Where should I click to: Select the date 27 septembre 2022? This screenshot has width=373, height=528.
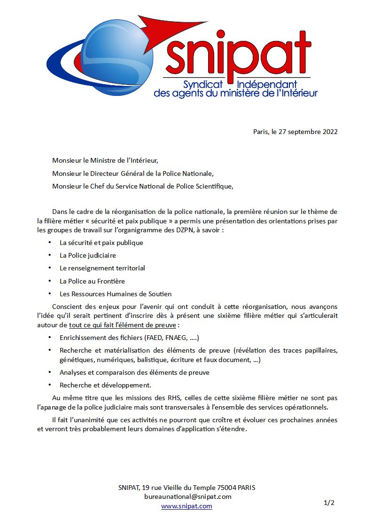tap(308, 132)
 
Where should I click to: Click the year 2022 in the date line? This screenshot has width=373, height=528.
tap(330, 132)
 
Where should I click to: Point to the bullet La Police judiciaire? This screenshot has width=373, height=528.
tap(87, 255)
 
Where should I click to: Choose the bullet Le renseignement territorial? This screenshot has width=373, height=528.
tap(102, 268)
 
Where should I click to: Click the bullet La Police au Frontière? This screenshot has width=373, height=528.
tap(92, 281)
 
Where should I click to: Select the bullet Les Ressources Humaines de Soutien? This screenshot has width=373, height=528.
tap(116, 294)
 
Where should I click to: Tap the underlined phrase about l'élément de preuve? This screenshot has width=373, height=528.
tap(122, 325)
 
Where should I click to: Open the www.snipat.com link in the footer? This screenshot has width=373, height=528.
tap(186, 506)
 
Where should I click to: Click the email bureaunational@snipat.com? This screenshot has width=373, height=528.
tap(188, 496)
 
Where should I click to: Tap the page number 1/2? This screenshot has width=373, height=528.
tap(329, 503)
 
